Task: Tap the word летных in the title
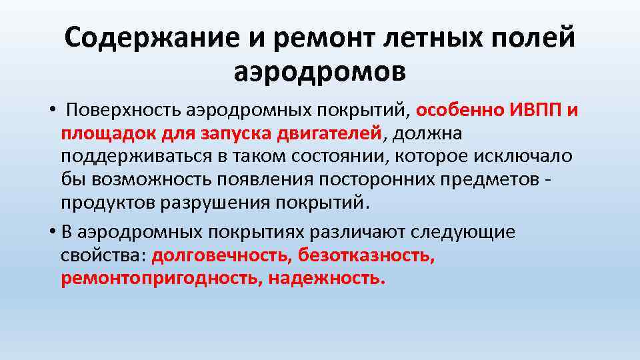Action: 423,39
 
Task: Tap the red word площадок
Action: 108,133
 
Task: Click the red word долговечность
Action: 221,255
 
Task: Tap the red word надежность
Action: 327,278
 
